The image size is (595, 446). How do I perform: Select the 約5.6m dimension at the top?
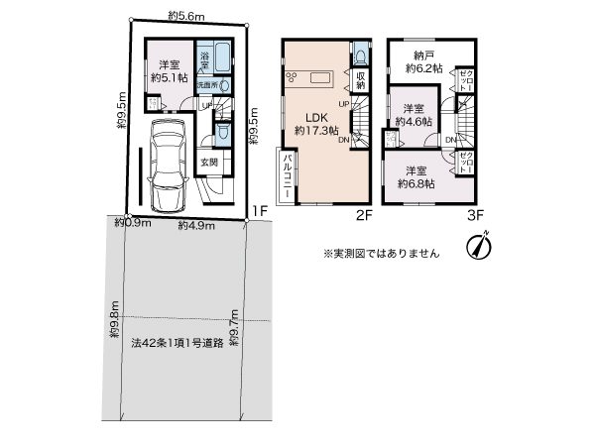185,16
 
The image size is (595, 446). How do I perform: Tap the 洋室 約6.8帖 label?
416,175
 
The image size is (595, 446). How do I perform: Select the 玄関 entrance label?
209,163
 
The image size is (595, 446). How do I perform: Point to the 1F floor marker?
260,210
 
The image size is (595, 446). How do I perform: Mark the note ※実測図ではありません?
381,253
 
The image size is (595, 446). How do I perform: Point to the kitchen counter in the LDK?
323,78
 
